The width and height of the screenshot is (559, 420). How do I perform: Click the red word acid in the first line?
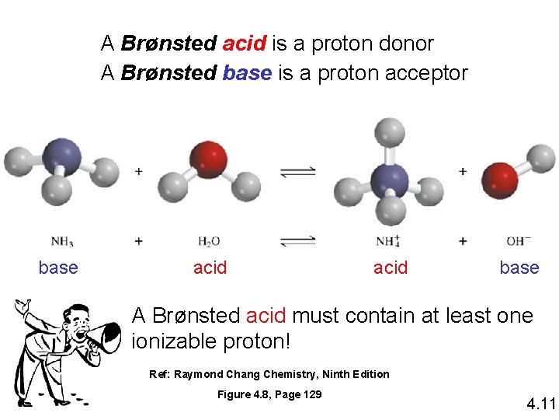[245, 44]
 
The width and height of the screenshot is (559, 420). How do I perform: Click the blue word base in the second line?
[247, 73]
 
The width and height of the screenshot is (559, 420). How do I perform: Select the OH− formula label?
[517, 241]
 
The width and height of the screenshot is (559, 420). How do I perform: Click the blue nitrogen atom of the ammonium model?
[389, 180]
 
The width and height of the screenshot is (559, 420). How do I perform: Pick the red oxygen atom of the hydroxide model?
[501, 180]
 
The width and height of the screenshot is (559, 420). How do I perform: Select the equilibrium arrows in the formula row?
[298, 241]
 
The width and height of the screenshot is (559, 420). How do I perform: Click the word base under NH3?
[58, 268]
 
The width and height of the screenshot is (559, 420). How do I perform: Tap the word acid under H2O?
[210, 268]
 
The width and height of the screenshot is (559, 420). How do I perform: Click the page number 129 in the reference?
[311, 394]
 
